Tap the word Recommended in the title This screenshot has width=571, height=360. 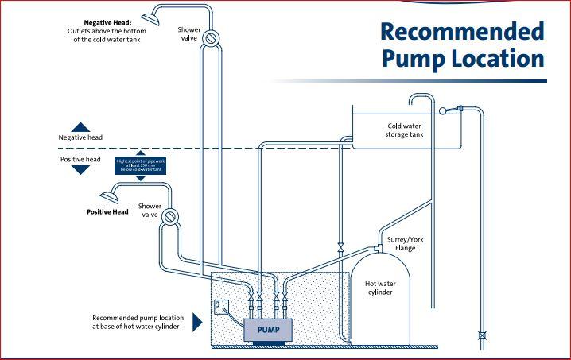pos(461,31)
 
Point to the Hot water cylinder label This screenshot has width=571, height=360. pos(381,287)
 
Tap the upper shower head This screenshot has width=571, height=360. pos(149,15)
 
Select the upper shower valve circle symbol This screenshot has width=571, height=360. pos(211,37)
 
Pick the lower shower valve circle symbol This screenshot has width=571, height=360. pos(170,215)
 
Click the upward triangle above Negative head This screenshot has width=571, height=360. pos(80,126)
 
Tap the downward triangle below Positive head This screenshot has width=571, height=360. pos(80,171)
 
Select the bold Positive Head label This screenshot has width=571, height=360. pos(107,212)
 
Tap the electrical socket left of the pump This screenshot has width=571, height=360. pos(219,305)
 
